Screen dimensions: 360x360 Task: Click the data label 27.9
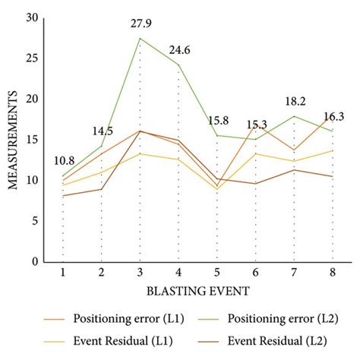140,25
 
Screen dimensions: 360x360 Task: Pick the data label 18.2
295,101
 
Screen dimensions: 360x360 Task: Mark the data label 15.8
220,121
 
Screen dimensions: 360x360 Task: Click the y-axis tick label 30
32,17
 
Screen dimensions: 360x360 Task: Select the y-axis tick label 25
32,58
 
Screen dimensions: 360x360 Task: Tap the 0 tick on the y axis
35,262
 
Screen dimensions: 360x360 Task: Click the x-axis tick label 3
140,273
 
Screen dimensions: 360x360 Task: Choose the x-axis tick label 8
333,273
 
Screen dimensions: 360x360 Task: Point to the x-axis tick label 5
217,273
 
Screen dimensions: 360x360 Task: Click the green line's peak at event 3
140,38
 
